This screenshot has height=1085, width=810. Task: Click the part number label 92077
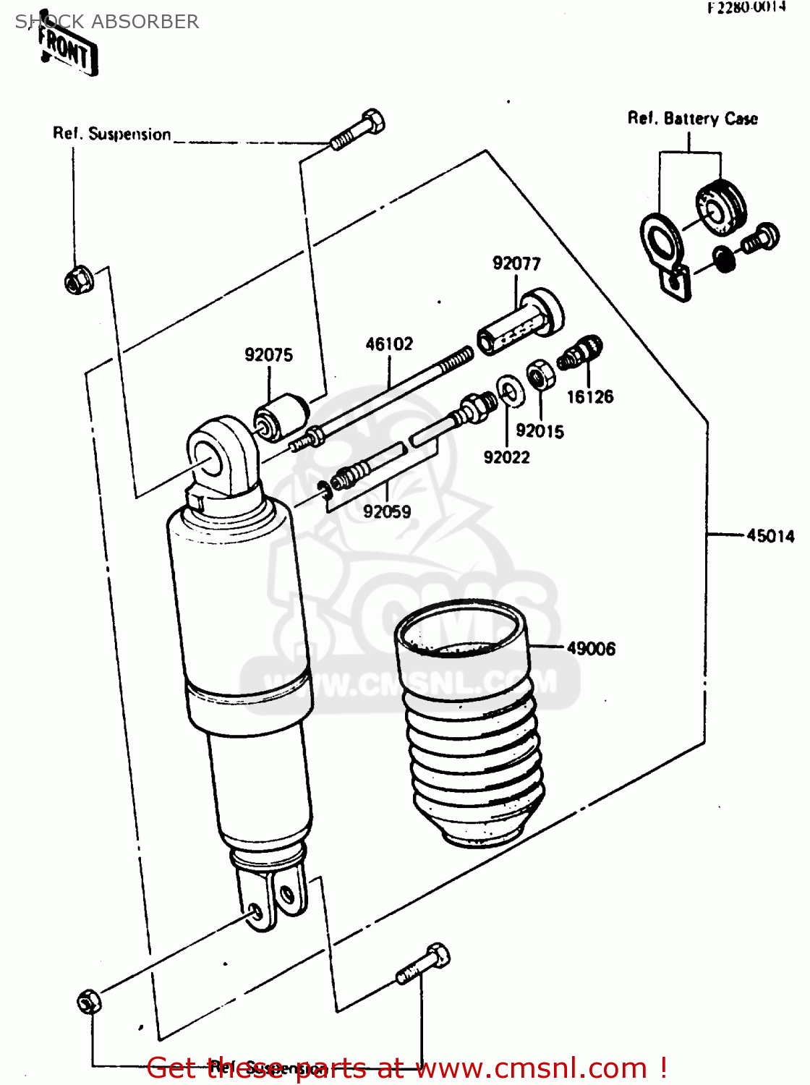[516, 263]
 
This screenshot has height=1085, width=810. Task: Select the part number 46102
[389, 344]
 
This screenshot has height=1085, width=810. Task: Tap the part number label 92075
[268, 354]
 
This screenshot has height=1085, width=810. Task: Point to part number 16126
[589, 396]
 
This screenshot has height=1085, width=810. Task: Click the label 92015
[540, 431]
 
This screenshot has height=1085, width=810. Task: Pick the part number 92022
[506, 457]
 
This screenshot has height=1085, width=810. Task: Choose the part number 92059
[387, 511]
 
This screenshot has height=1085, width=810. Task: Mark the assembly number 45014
[770, 536]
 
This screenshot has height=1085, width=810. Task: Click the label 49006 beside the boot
[591, 648]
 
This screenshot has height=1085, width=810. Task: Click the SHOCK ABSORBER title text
[107, 22]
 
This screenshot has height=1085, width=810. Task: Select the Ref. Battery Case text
[692, 119]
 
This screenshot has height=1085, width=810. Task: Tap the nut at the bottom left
[89, 1001]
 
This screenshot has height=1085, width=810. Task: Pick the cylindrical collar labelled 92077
[519, 324]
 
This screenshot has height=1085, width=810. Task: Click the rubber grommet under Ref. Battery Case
[720, 207]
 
